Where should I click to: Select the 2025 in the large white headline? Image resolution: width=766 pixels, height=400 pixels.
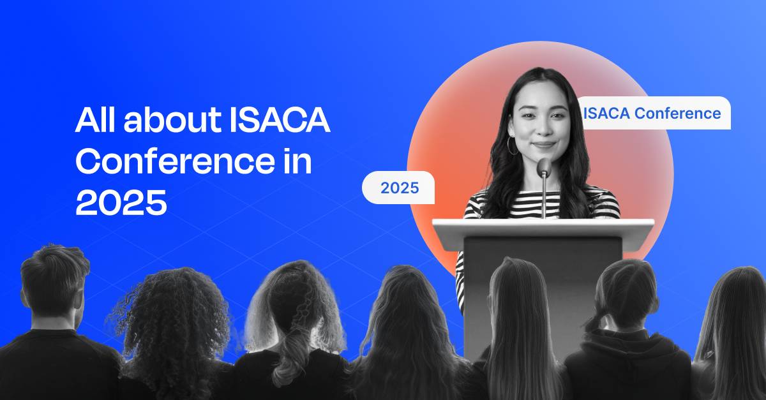click(121, 204)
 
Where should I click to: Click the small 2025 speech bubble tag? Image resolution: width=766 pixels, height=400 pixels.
click(399, 188)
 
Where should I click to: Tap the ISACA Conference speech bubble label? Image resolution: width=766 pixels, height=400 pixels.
click(652, 114)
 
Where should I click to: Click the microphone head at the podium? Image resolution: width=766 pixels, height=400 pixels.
click(544, 167)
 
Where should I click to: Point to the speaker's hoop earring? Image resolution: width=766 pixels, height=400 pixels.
click(512, 145)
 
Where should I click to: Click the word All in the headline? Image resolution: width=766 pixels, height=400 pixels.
click(96, 121)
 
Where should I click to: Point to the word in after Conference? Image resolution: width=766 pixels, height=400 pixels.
click(295, 162)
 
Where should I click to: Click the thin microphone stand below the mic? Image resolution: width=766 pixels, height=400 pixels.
click(544, 198)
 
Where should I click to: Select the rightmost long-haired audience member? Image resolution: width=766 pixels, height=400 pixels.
click(734, 319)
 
